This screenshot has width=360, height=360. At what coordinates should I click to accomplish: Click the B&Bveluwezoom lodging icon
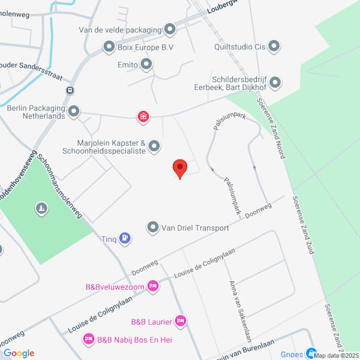[153, 286]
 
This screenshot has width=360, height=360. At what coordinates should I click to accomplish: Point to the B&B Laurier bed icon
[181, 322]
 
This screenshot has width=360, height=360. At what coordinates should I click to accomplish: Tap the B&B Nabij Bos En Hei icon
[89, 340]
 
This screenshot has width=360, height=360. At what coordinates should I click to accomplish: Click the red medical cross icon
[143, 116]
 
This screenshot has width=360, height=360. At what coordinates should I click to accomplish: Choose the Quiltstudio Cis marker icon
[274, 46]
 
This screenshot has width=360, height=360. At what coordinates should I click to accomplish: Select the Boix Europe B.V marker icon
[109, 46]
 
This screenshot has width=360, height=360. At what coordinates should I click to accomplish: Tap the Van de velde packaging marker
[170, 29]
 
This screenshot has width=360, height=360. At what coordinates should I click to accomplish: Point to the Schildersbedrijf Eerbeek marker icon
[275, 82]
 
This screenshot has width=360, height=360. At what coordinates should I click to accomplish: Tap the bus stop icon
[71, 91]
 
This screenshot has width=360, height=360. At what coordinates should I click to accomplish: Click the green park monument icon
[41, 209]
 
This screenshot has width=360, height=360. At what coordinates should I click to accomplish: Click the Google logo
[19, 353]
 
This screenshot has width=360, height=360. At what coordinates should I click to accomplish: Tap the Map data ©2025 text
[336, 355]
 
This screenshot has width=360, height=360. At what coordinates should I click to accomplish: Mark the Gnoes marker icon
[311, 353]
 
